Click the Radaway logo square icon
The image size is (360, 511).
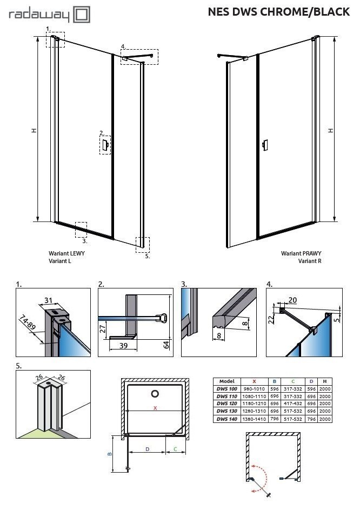pyautogui.click(x=82, y=15)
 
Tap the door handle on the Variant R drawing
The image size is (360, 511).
pyautogui.click(x=264, y=145)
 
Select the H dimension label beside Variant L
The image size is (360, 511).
pyautogui.click(x=34, y=130)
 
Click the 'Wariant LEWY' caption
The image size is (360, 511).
pyautogui.click(x=66, y=253)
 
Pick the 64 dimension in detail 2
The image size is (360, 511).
pyautogui.click(x=166, y=344)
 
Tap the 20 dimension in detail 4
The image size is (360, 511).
pyautogui.click(x=294, y=300)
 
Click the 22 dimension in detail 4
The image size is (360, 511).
pyautogui.click(x=272, y=319)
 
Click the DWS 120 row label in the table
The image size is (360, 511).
pyautogui.click(x=225, y=404)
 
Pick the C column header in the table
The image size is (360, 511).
pyautogui.click(x=293, y=381)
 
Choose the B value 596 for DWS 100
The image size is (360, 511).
pyautogui.click(x=275, y=388)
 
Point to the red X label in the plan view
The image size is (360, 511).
pyautogui.click(x=155, y=408)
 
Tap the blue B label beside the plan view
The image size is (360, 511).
pyautogui.click(x=110, y=454)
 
